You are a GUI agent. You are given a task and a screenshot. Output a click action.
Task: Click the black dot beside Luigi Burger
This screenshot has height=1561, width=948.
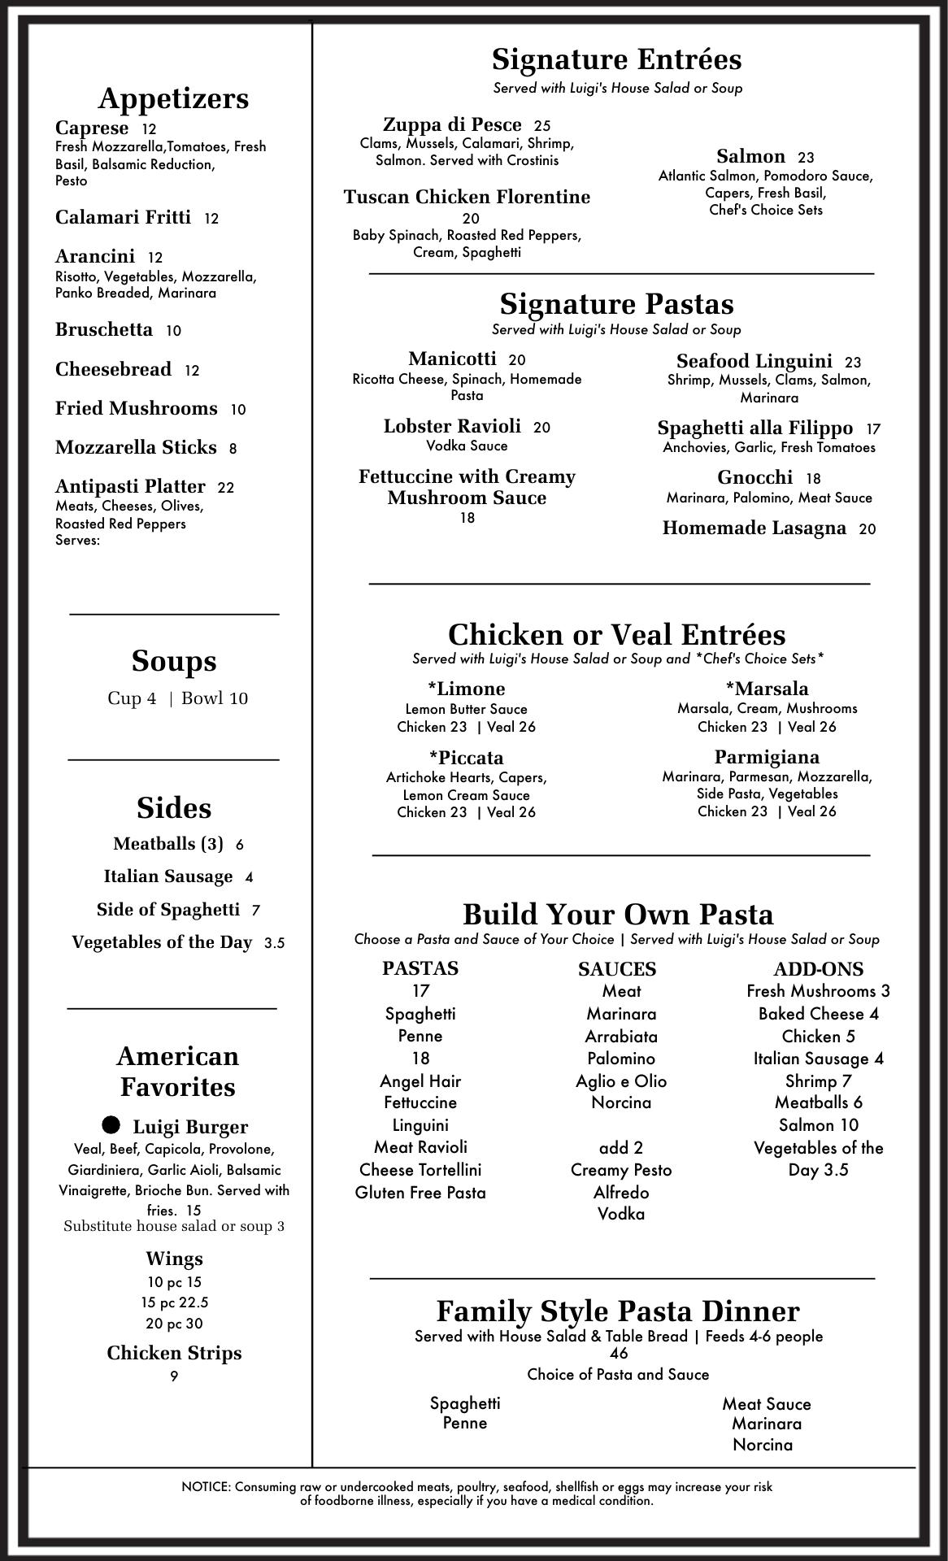click(x=111, y=1125)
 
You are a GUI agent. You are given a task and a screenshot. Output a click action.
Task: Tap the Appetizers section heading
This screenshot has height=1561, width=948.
click(x=173, y=98)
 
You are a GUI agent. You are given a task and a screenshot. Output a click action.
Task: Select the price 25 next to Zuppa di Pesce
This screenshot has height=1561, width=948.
click(x=542, y=126)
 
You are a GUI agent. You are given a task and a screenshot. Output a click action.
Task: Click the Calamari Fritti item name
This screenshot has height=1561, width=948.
click(x=123, y=217)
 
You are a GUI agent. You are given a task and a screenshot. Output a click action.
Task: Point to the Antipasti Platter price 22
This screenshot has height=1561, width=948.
click(x=225, y=488)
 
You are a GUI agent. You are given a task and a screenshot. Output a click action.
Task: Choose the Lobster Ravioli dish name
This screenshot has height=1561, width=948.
click(x=452, y=427)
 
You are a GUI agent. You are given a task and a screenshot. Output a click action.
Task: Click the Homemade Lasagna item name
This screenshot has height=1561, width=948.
click(x=754, y=528)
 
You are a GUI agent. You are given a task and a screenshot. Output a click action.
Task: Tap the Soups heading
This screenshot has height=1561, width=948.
click(x=174, y=661)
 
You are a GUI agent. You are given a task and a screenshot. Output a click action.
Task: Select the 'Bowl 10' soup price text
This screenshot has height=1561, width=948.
click(x=215, y=698)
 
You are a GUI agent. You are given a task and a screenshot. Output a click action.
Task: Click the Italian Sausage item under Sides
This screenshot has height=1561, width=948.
click(x=168, y=876)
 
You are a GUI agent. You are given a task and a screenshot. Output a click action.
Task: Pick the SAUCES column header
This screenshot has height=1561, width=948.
click(x=617, y=969)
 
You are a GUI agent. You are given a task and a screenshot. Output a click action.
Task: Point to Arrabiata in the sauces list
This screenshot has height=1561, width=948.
click(x=621, y=1037)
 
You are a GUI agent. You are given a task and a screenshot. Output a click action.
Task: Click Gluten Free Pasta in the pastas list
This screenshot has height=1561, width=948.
click(x=420, y=1193)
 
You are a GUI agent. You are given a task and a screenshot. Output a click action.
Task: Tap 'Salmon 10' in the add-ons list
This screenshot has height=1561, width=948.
click(x=818, y=1125)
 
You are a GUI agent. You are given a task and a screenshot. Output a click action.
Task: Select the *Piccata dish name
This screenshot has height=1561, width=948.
click(x=466, y=758)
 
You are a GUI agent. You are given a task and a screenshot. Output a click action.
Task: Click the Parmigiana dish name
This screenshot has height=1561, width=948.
click(x=767, y=757)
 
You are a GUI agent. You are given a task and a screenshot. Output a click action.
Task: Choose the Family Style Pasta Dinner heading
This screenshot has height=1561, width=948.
click(x=618, y=1311)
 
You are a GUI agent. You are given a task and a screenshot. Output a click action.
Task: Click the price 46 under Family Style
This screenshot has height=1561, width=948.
click(x=618, y=1354)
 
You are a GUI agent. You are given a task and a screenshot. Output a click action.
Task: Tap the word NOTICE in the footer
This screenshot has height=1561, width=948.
click(x=207, y=1487)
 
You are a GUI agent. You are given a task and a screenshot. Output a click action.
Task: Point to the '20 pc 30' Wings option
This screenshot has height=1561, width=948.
click(x=174, y=1324)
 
